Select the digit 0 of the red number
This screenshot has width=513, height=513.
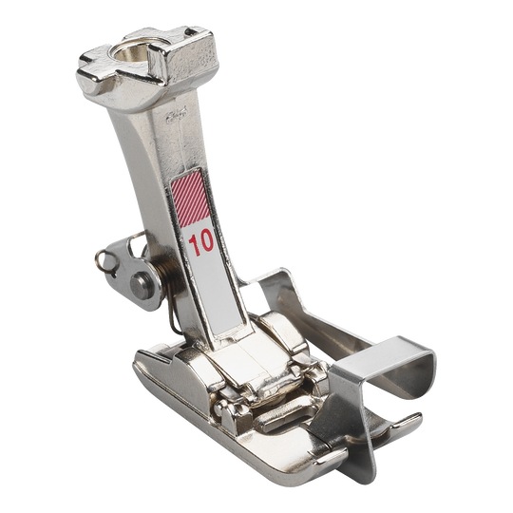point(207,242)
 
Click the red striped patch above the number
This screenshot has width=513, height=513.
point(190,198)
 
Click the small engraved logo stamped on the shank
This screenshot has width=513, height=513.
point(177,116)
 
